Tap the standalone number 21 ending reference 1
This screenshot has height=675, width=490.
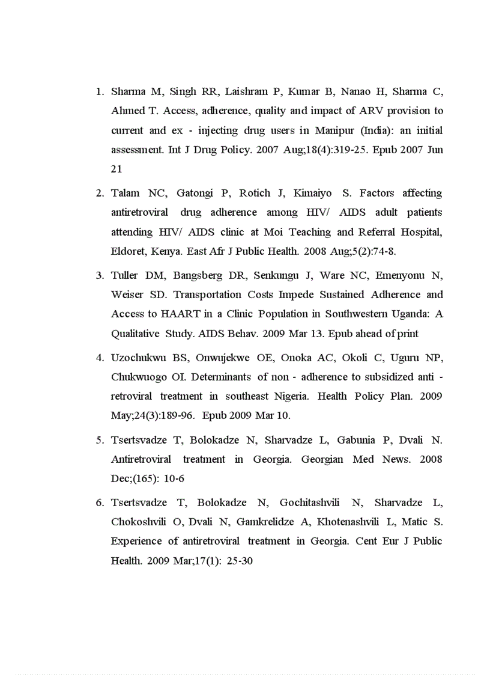116,169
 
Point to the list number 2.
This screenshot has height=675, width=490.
100,193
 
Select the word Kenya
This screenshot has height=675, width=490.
165,251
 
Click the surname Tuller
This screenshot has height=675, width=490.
125,275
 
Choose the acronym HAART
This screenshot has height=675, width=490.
166,314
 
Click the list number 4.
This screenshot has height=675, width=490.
100,358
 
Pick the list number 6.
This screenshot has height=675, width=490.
100,502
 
